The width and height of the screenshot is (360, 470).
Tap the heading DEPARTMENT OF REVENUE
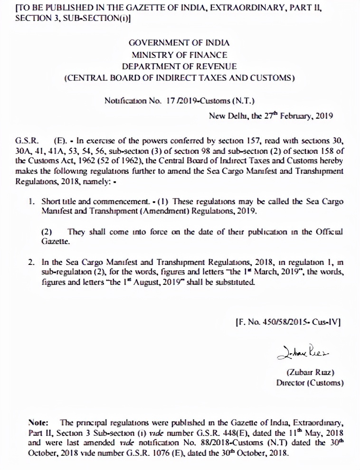(179, 66)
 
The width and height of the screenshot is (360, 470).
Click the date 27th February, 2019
(294, 115)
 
